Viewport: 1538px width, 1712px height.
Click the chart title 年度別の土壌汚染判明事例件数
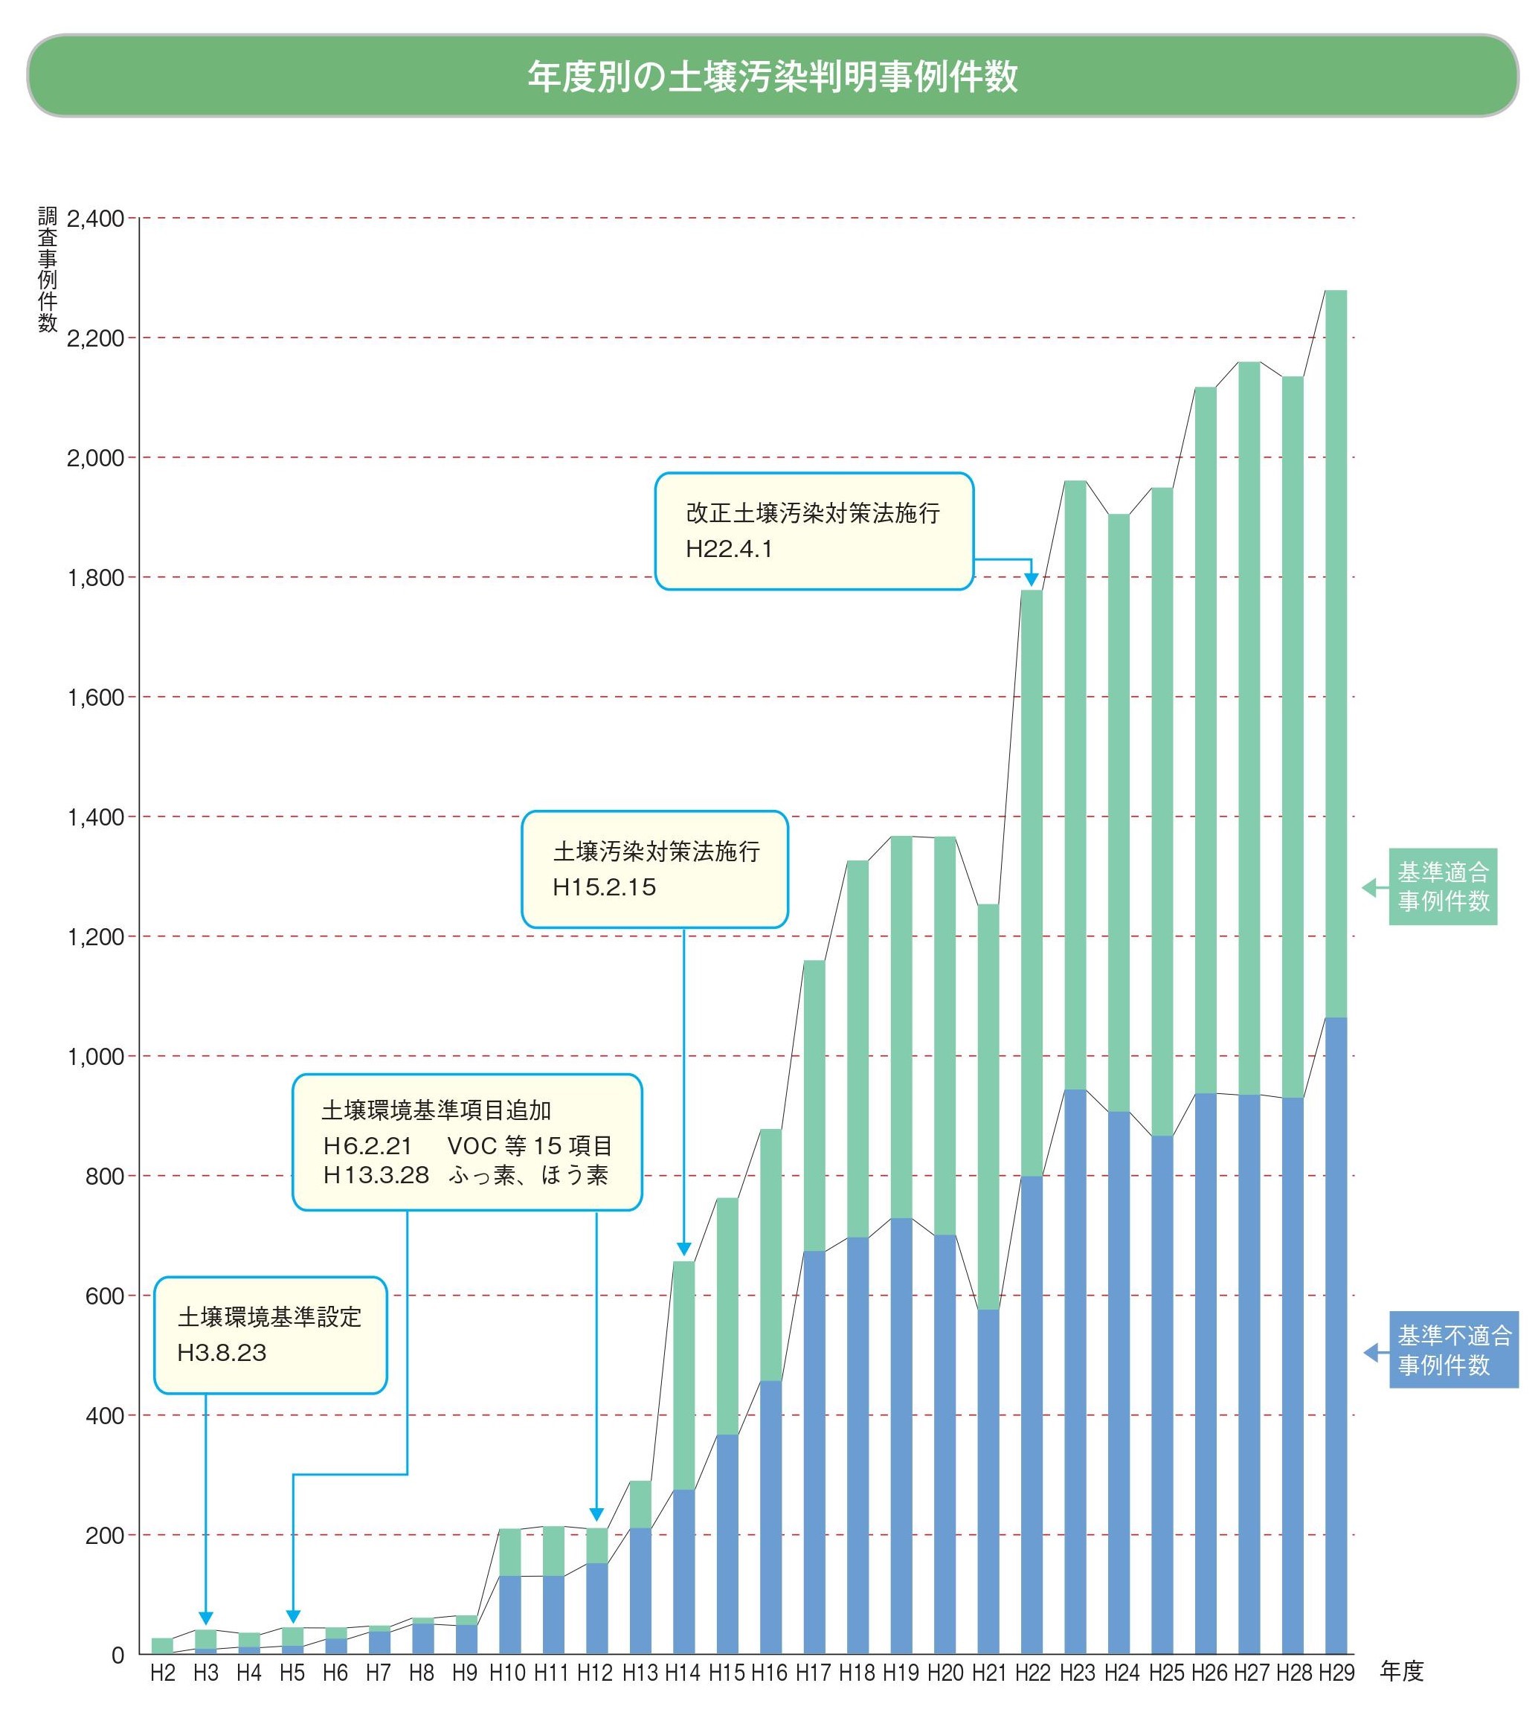(773, 76)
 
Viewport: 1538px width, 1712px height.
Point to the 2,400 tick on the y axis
(95, 219)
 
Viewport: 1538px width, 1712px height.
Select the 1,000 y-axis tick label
(95, 1056)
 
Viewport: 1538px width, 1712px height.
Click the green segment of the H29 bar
(1336, 654)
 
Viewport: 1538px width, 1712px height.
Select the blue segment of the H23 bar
(1075, 1371)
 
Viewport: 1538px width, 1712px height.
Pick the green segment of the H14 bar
(683, 1376)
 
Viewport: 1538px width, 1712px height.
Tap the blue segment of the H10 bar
(509, 1615)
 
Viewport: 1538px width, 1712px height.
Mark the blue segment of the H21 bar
(988, 1481)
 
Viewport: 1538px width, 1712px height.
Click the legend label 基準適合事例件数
(1443, 886)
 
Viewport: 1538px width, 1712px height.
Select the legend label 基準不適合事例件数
(1453, 1350)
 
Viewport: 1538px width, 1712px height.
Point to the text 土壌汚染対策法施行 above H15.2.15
(657, 851)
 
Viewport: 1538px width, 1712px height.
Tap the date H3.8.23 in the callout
(222, 1353)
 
